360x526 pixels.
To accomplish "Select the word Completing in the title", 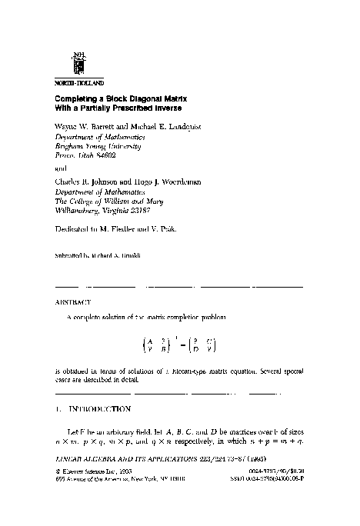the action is [x=79, y=100].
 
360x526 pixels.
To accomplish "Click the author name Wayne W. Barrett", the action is [x=87, y=125].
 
